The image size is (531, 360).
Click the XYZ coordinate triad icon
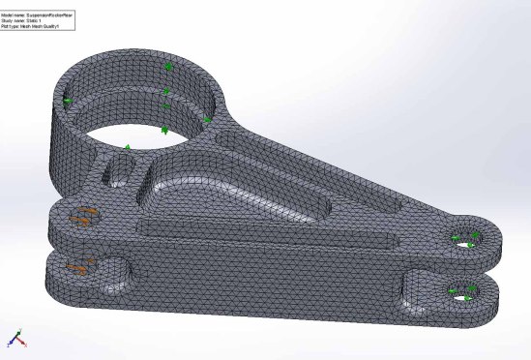(16, 339)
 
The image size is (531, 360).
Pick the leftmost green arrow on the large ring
(68, 101)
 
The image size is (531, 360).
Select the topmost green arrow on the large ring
(168, 67)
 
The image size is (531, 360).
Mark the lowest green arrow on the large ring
(126, 147)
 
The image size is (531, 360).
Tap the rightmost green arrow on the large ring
(207, 120)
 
